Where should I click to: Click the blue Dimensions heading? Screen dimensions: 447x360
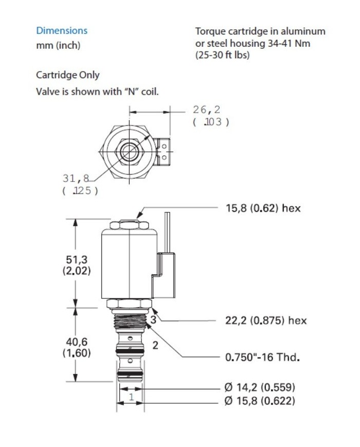click(62, 31)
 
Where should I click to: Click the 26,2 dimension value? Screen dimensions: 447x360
click(207, 110)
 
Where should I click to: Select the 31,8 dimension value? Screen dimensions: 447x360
click(76, 178)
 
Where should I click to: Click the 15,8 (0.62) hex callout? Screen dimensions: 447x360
click(263, 208)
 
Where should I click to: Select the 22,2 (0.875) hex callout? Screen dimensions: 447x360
click(266, 320)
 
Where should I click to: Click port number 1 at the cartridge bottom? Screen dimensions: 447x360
click(131, 397)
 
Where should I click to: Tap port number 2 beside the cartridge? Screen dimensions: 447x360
click(155, 345)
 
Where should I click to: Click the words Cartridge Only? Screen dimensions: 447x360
click(68, 75)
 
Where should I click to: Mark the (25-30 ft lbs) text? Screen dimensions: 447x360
click(222, 55)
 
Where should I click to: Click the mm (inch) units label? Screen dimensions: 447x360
click(58, 46)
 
